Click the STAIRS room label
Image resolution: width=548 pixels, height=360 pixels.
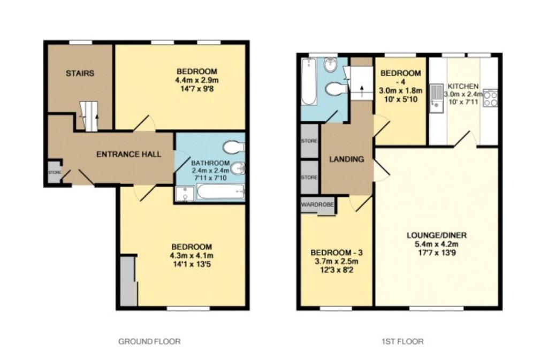pos(80,73)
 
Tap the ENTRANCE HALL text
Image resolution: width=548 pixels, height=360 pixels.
pos(128,155)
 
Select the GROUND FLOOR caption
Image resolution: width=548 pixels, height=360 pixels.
pos(150,341)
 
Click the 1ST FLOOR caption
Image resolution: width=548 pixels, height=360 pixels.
pos(402,341)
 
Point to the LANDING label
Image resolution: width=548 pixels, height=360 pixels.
pos(346,159)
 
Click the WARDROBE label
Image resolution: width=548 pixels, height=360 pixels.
pos(317,205)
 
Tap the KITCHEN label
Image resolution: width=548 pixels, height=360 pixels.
pos(463,86)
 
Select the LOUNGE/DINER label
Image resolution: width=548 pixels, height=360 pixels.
pos(437,235)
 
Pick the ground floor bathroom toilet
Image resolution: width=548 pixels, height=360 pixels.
pos(234,147)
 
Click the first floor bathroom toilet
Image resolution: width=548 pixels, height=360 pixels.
pos(336,89)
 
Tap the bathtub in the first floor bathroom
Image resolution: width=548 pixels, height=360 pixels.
pos(309,82)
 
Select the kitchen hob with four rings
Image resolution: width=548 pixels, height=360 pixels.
pos(490,98)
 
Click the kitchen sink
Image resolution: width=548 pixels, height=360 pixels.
pos(436,99)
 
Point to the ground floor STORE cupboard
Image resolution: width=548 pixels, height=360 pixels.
pos(54,172)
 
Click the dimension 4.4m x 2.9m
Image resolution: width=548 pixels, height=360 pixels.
pos(197,80)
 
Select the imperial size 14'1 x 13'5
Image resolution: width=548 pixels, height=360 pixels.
pos(192,264)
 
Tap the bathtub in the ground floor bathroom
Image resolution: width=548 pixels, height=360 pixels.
pos(220,193)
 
